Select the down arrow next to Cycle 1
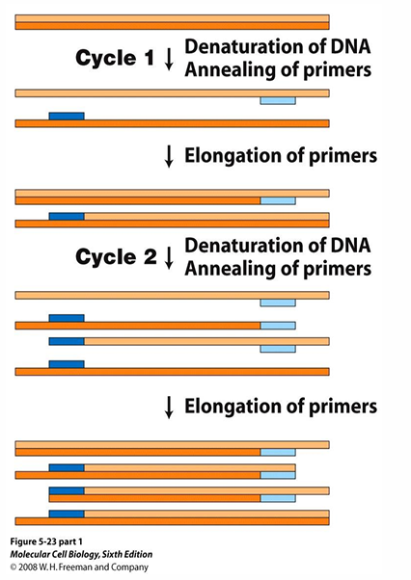tap(169, 59)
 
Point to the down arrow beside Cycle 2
tap(169, 257)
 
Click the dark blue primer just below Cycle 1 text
tap(66, 117)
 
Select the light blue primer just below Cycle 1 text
tap(278, 100)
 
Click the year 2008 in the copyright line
tap(30, 568)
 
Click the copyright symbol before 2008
tap(13, 568)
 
